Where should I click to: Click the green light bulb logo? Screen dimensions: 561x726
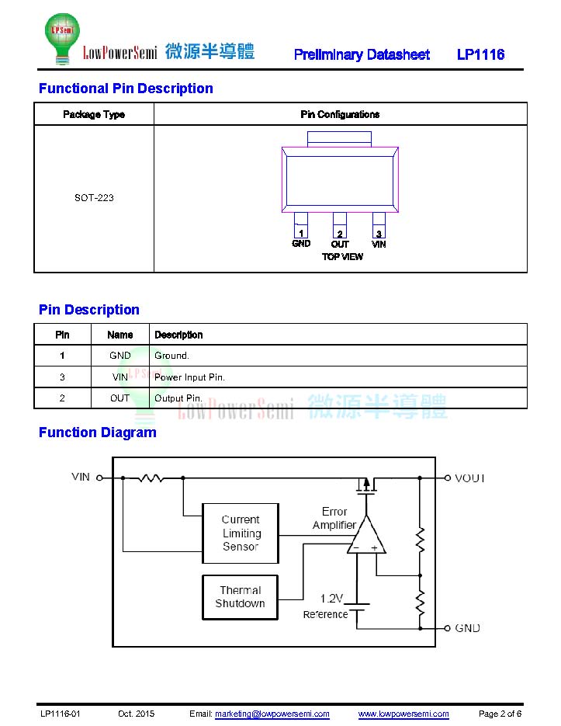[x=62, y=38]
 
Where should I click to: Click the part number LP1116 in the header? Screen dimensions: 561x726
[x=480, y=54]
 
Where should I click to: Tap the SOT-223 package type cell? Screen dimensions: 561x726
[x=94, y=198]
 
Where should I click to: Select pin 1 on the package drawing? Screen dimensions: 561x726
[x=301, y=225]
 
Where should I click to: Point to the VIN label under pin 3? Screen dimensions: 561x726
[x=379, y=244]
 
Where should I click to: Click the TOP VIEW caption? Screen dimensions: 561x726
[x=342, y=256]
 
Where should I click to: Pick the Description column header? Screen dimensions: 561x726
[x=178, y=335]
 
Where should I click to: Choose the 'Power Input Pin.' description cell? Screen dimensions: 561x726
[x=190, y=377]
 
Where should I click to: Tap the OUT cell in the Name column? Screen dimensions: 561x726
[x=120, y=398]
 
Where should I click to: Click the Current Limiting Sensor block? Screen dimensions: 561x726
[x=241, y=533]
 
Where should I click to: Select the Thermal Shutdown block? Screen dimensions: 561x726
[x=241, y=597]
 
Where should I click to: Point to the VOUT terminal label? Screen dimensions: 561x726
[x=469, y=478]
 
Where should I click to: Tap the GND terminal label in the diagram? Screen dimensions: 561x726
[x=467, y=628]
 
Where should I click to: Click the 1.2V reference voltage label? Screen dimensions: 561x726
[x=331, y=599]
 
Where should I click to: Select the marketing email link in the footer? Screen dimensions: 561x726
[x=272, y=714]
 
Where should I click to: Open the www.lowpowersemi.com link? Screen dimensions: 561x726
[x=403, y=714]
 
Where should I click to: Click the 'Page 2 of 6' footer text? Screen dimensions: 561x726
[x=500, y=714]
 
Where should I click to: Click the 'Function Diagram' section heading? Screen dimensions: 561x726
[x=98, y=432]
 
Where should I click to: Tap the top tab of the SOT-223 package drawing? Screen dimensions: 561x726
[x=339, y=139]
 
